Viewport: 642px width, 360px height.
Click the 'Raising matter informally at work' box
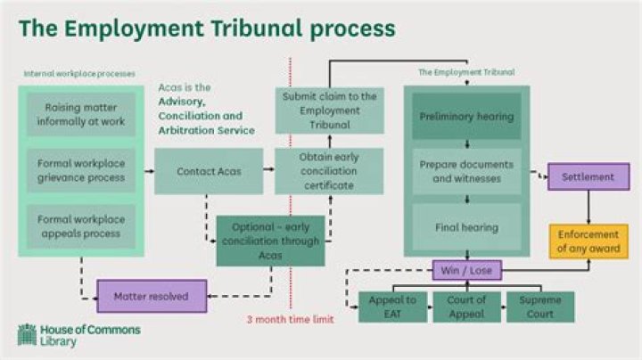81,115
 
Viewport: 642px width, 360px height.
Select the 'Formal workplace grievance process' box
81,172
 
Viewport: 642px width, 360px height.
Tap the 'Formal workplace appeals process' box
81,226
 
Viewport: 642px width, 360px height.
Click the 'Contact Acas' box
208,171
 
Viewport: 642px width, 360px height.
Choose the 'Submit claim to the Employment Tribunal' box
329,110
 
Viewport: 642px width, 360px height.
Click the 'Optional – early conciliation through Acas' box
269,241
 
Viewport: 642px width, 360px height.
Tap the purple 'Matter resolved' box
152,297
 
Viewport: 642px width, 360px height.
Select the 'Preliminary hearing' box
466,117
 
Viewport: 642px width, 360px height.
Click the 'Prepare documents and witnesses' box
466,172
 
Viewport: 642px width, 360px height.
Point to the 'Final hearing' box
466,227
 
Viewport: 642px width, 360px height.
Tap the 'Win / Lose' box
466,269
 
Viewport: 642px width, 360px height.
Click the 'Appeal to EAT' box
392,307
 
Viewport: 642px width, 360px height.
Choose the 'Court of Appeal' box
466,307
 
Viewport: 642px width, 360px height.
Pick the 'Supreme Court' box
540,307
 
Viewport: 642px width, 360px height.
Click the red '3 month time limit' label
289,319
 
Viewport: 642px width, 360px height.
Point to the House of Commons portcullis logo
27,335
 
